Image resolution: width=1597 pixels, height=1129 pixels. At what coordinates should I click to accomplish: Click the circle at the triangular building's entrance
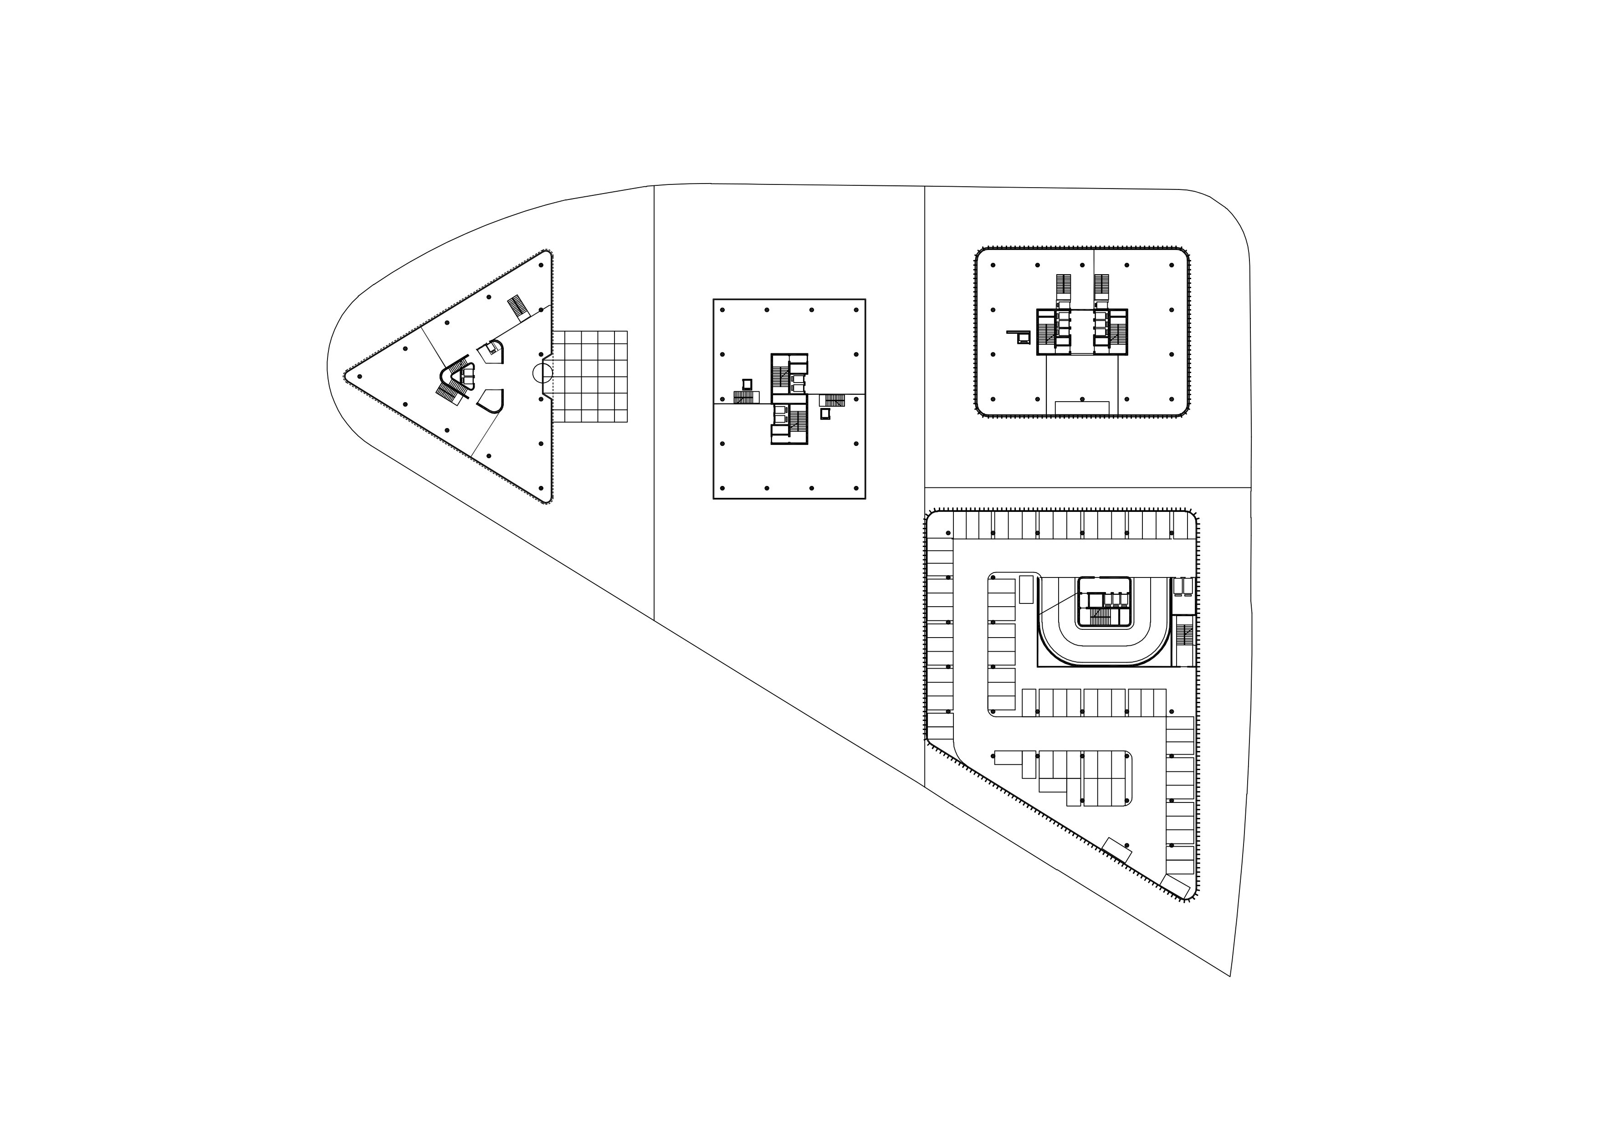click(543, 373)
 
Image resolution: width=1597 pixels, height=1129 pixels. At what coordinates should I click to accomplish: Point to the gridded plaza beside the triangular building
click(590, 376)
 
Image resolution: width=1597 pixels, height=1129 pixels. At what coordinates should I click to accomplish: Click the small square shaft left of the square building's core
click(747, 383)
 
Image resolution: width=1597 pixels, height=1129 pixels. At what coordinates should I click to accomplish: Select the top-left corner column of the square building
click(723, 310)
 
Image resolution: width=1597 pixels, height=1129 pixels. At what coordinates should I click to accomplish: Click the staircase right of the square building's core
click(833, 400)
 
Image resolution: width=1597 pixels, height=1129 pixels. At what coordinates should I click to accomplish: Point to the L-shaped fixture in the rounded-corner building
click(1020, 337)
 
